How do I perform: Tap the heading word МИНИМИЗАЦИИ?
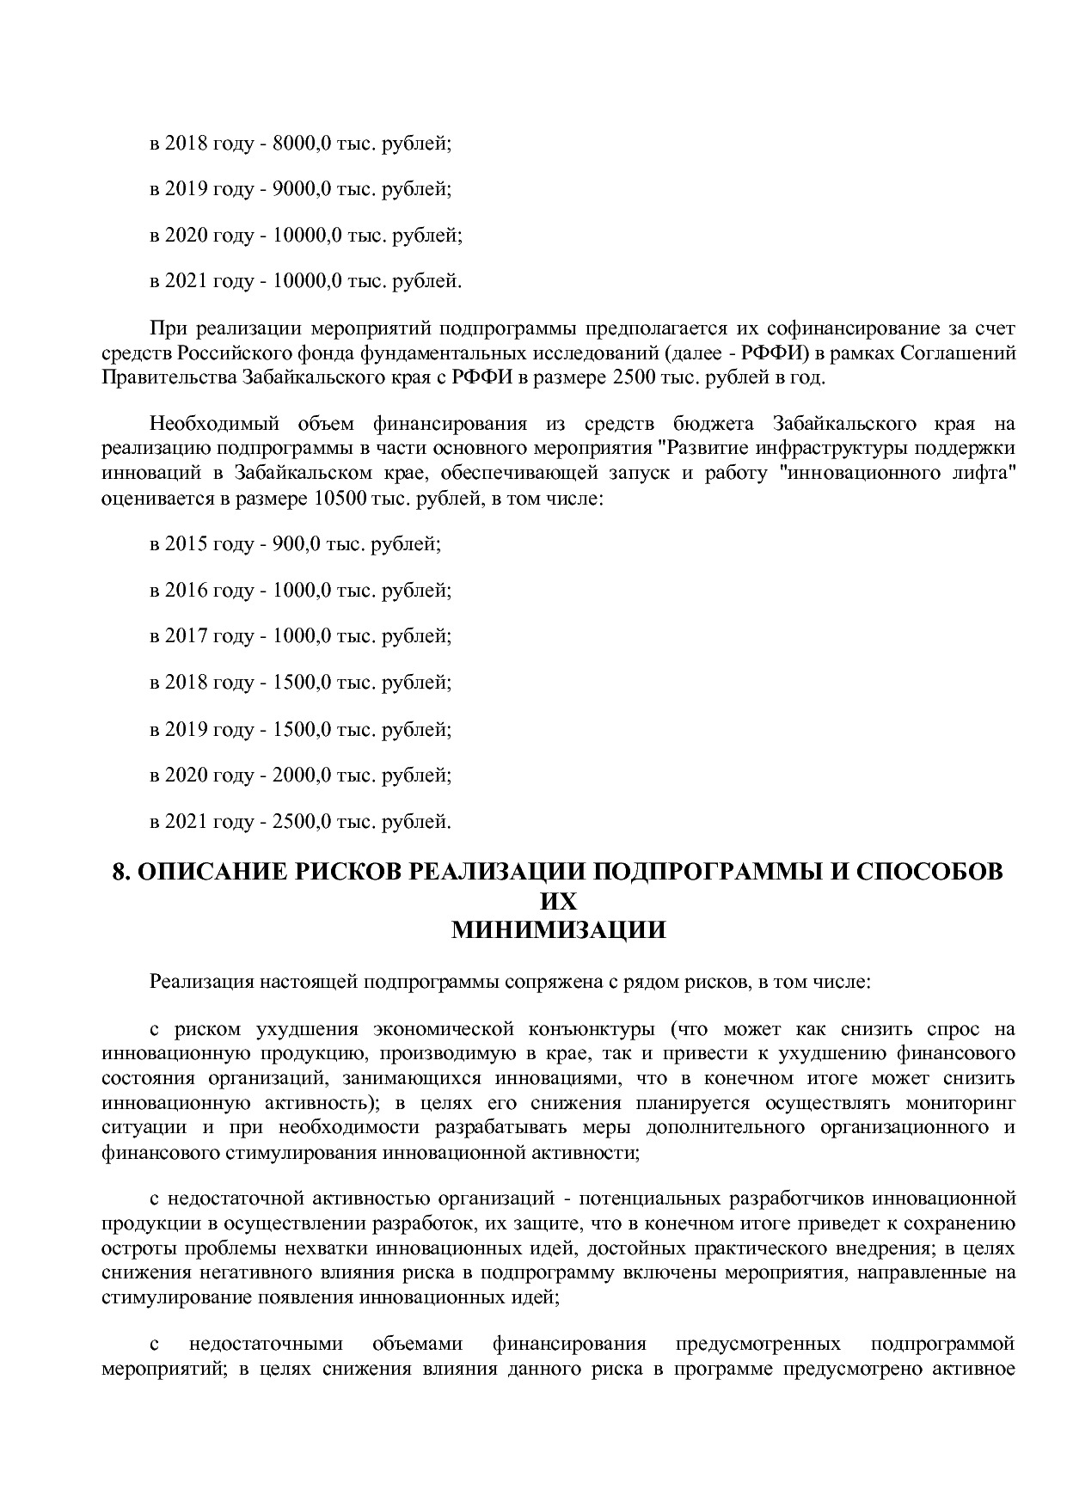[x=558, y=930]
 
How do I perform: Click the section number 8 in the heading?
[x=120, y=872]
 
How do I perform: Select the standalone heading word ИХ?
[x=558, y=901]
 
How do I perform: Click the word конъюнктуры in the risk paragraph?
[x=592, y=1029]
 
